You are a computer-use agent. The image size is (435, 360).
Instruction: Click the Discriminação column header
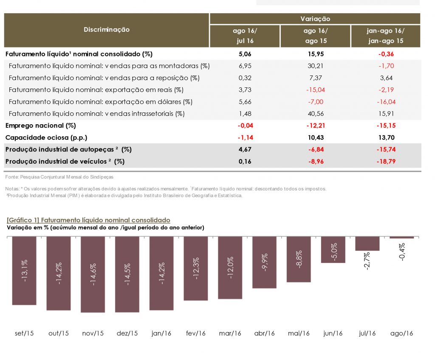point(107,30)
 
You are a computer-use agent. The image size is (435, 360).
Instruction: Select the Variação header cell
point(315,19)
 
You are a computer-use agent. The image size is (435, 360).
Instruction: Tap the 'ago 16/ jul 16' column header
point(245,36)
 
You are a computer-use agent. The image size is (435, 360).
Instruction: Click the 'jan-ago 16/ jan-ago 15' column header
point(385,36)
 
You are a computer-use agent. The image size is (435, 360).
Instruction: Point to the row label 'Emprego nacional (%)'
point(41,126)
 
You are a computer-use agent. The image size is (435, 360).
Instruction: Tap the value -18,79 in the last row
point(385,162)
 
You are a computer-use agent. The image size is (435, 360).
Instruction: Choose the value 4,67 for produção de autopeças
point(245,150)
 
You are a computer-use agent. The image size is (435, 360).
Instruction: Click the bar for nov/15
point(93,274)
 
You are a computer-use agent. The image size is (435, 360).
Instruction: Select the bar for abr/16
point(264,262)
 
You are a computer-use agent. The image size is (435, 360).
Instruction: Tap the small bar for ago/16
point(401,237)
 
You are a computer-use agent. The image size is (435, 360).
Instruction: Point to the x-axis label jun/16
point(333,333)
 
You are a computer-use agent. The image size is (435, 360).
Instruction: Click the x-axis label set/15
point(24,333)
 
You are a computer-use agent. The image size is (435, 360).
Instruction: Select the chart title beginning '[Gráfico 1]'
point(88,220)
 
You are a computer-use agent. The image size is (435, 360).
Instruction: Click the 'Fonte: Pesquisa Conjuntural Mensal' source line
point(59,177)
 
